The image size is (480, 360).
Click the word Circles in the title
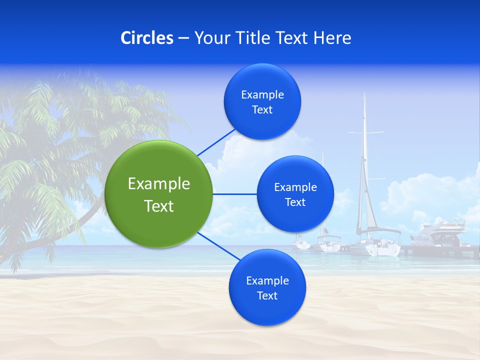tap(147, 38)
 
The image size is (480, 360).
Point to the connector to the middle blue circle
tap(234, 194)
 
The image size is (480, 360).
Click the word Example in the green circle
tap(159, 183)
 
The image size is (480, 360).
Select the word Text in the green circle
tap(159, 206)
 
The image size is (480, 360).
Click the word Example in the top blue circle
tap(262, 94)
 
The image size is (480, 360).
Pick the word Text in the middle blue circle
tap(295, 202)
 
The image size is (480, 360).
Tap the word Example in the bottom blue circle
tap(267, 280)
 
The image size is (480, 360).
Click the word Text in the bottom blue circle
tap(267, 295)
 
